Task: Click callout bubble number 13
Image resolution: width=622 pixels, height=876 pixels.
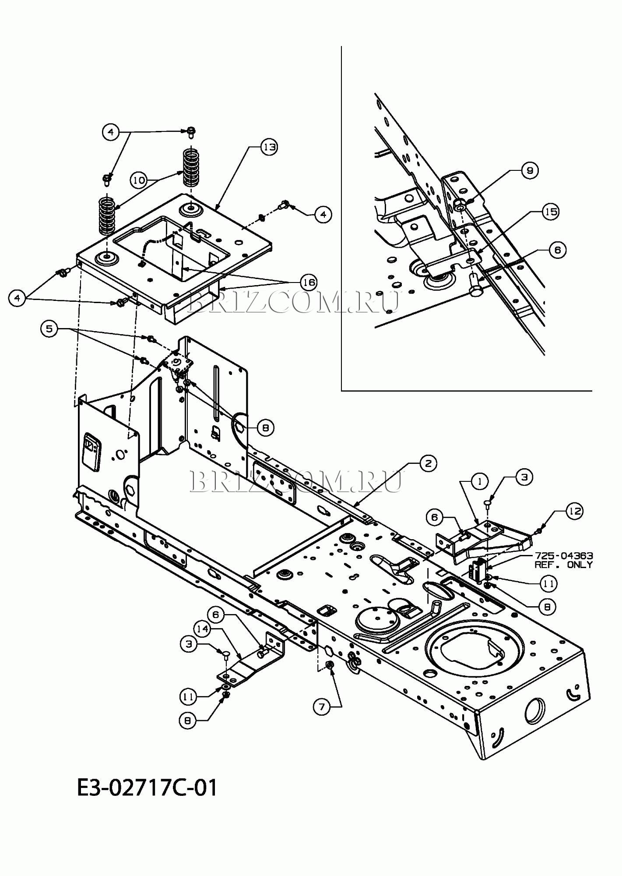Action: (x=270, y=147)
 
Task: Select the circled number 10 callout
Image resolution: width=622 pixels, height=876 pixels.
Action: (x=139, y=180)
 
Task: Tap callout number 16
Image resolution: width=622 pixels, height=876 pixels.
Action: (x=309, y=283)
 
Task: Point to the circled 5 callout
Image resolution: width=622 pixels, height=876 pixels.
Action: (x=49, y=328)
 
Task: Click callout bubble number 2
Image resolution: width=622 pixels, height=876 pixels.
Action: (x=428, y=463)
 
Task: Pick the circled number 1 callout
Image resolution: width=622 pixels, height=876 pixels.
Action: (x=480, y=481)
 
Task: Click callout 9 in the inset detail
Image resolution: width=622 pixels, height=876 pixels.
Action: (x=530, y=170)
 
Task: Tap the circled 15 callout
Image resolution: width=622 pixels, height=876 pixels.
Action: (x=551, y=212)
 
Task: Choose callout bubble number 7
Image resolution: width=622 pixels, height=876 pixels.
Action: (x=322, y=707)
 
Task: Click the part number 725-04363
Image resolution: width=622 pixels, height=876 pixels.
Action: (x=564, y=556)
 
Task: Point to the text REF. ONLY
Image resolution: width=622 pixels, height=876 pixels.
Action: (x=564, y=565)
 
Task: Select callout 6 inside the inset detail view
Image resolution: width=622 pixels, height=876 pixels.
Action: (x=557, y=250)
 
